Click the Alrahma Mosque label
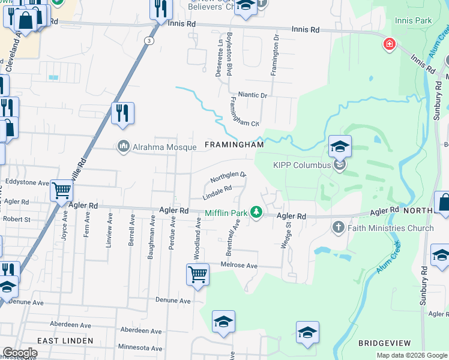click(164, 147)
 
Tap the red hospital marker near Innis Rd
click(390, 44)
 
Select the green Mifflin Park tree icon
click(256, 212)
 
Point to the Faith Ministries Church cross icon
click(339, 227)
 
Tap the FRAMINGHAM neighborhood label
click(234, 145)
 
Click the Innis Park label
click(413, 21)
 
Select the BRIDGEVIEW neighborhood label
click(384, 343)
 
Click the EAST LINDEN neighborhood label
click(65, 340)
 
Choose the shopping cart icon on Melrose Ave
click(197, 274)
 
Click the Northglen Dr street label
click(228, 178)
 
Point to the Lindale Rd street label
click(217, 192)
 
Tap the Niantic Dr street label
click(252, 95)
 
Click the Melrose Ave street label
click(240, 266)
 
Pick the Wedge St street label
click(286, 235)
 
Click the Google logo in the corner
click(20, 353)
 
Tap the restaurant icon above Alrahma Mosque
click(122, 113)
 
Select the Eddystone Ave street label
click(26, 182)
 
